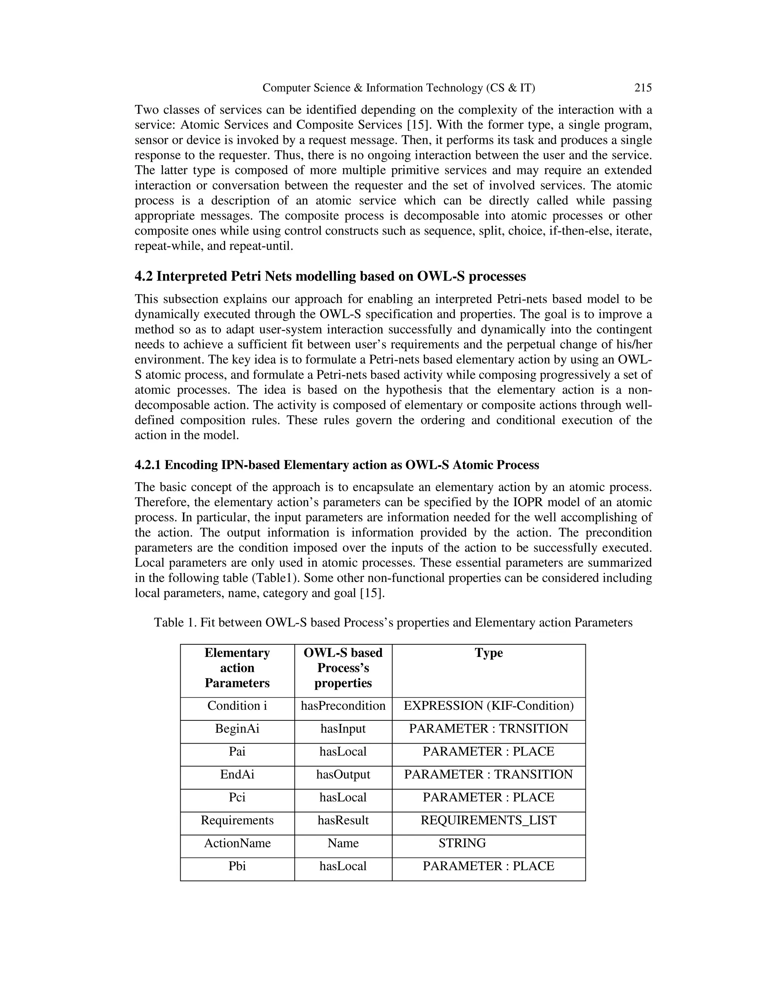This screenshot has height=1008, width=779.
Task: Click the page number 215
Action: click(643, 88)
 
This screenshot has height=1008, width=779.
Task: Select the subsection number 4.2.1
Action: click(148, 465)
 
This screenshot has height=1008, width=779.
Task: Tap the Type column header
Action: click(489, 653)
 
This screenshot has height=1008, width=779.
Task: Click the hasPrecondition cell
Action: click(343, 706)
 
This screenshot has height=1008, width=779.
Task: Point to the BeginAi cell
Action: click(237, 729)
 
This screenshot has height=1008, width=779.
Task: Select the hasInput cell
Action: click(343, 729)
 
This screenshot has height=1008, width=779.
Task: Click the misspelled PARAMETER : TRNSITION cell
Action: click(488, 729)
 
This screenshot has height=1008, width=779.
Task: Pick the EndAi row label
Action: click(237, 774)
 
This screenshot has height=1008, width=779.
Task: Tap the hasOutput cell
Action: click(343, 774)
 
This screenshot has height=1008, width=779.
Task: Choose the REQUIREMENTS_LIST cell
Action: click(488, 820)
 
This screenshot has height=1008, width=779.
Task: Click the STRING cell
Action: click(462, 843)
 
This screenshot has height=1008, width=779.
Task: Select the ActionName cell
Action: click(237, 843)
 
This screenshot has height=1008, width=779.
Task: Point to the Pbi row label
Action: click(237, 866)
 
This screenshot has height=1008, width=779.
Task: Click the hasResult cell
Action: click(343, 820)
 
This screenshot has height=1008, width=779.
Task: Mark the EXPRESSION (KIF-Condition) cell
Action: click(488, 706)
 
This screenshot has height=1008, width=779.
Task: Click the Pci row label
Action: click(237, 798)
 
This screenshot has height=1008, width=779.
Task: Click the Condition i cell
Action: click(237, 706)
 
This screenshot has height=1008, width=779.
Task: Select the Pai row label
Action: click(237, 751)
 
